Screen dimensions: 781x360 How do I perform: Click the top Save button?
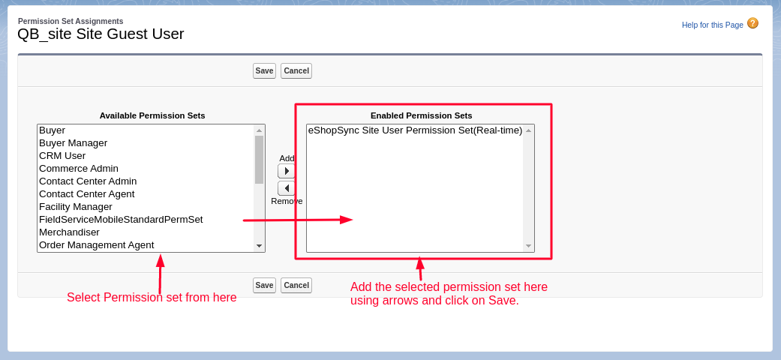264,70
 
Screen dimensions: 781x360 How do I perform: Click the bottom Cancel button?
296,285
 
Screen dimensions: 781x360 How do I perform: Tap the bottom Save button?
264,285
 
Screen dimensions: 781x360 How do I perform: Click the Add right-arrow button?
287,171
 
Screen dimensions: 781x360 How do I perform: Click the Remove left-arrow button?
287,188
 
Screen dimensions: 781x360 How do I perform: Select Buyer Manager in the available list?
74,143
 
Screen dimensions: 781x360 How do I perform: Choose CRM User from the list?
62,156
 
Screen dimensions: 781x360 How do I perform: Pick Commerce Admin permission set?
79,169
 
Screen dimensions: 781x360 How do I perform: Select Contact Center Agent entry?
87,194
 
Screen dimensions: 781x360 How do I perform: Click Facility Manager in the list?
76,207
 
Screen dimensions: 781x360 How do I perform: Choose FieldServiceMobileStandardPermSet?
121,220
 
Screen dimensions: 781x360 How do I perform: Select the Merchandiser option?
69,232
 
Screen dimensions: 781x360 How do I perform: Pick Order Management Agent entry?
97,245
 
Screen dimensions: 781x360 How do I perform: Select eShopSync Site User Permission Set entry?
415,130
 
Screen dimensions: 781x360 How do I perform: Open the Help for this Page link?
712,25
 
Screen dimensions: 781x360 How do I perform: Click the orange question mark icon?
752,23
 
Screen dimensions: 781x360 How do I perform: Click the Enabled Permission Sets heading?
421,115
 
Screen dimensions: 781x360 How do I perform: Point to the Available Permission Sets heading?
152,115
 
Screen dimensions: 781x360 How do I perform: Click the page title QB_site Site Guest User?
101,34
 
